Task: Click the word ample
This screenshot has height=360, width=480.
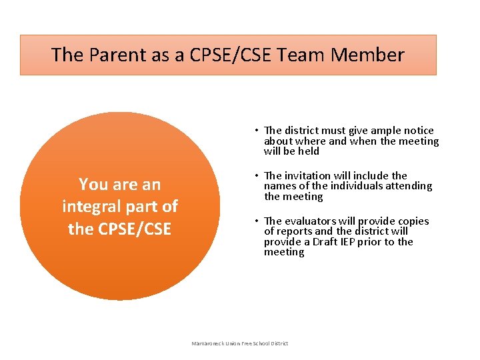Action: tap(379, 131)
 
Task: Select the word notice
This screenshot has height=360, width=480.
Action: tap(417, 131)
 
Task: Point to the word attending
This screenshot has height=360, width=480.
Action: tap(408, 186)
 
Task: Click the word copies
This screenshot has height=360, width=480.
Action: tap(413, 221)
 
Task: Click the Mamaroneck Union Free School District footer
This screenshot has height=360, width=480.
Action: tap(240, 343)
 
